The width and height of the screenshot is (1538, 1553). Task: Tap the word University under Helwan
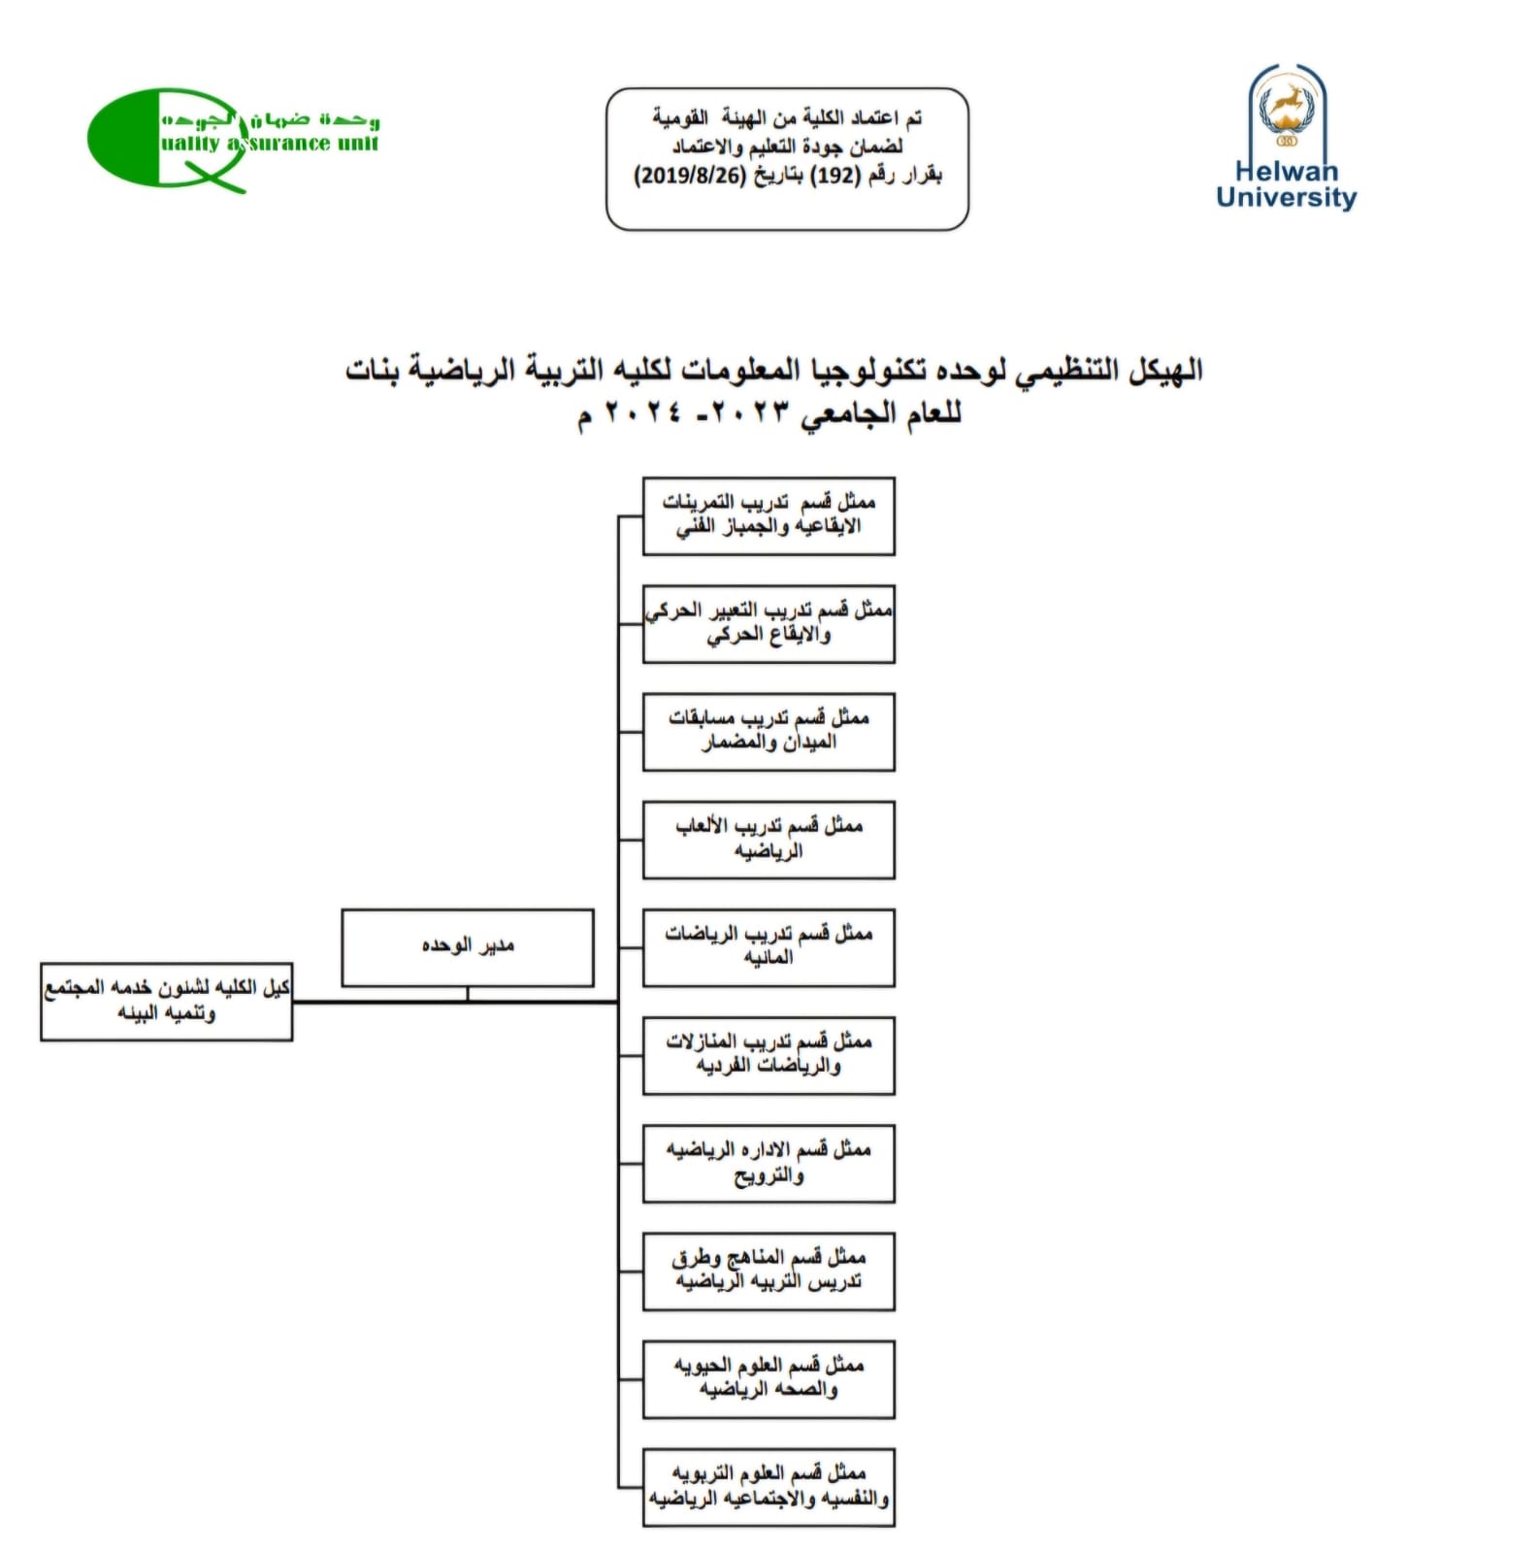(x=1286, y=197)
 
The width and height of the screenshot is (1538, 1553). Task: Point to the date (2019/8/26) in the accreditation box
(x=690, y=176)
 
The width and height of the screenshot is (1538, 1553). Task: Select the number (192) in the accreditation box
(x=836, y=176)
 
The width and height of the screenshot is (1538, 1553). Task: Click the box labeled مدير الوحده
(x=467, y=946)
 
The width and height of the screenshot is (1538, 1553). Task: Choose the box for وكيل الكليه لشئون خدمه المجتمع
(x=166, y=1001)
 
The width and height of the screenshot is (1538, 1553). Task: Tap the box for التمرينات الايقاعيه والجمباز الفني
(x=769, y=515)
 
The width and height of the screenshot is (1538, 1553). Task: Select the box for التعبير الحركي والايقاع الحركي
(x=769, y=623)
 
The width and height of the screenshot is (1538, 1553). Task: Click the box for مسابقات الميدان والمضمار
(x=769, y=731)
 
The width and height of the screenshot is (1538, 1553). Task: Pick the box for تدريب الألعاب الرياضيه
(x=769, y=840)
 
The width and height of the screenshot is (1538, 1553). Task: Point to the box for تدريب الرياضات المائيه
(x=769, y=947)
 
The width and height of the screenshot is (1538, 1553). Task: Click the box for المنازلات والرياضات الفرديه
(x=769, y=1055)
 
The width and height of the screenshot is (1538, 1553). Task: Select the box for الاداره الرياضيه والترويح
(x=769, y=1163)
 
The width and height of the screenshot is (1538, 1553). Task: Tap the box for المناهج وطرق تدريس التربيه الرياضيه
(x=769, y=1271)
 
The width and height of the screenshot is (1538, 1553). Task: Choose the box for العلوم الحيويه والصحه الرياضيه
(x=769, y=1379)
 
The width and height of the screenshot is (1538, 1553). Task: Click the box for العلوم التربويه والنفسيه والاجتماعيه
(x=769, y=1487)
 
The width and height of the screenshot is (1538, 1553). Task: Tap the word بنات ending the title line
(x=374, y=370)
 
